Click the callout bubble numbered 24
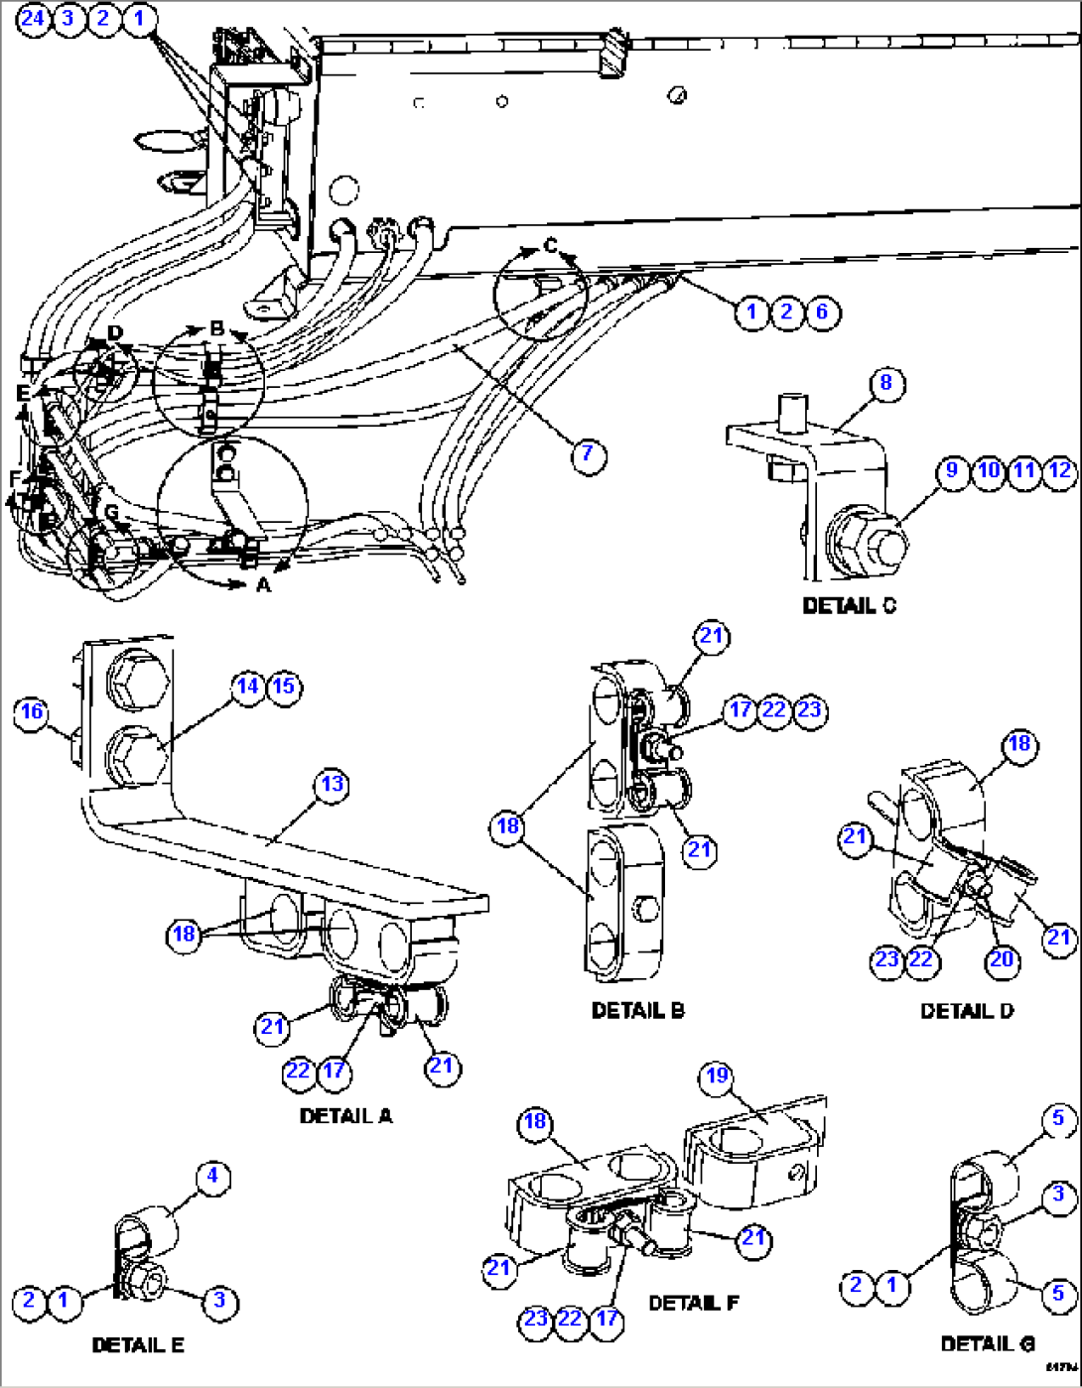point(33,19)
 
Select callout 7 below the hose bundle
point(588,454)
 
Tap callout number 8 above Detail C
point(885,383)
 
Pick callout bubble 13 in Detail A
point(332,785)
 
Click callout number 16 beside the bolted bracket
point(32,711)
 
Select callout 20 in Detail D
point(1002,959)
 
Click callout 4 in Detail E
point(212,1178)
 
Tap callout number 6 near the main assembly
point(822,313)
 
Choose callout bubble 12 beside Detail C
point(1060,470)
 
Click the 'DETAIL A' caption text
point(345,1116)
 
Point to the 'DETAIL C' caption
point(849,605)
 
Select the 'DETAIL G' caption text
point(988,1344)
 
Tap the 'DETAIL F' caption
point(693,1303)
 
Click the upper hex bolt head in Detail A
point(138,679)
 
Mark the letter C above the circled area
point(551,246)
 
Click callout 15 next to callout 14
point(284,687)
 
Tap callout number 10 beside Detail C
point(989,470)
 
